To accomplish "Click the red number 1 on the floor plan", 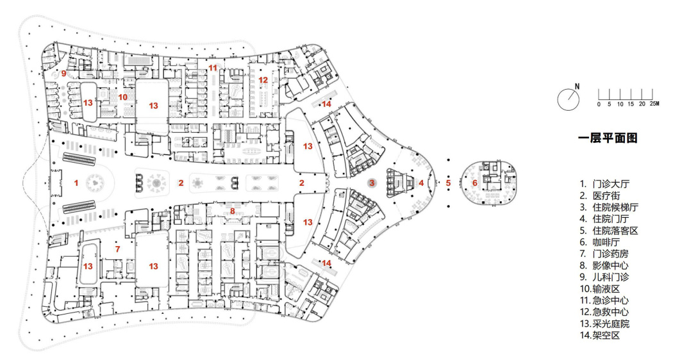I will click(x=76, y=183).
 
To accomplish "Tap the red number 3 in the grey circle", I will click(x=372, y=183).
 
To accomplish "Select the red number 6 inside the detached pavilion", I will click(x=475, y=183).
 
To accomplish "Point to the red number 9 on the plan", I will click(x=63, y=74).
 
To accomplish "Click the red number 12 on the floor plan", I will click(x=263, y=80).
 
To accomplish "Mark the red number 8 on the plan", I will click(x=233, y=210).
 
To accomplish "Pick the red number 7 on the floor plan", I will click(x=117, y=249).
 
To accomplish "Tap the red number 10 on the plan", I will click(x=123, y=97).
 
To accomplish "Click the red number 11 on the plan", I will click(x=212, y=67).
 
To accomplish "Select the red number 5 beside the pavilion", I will click(x=448, y=183).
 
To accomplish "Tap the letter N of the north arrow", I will click(x=577, y=86).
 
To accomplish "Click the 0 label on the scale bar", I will click(x=599, y=103).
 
